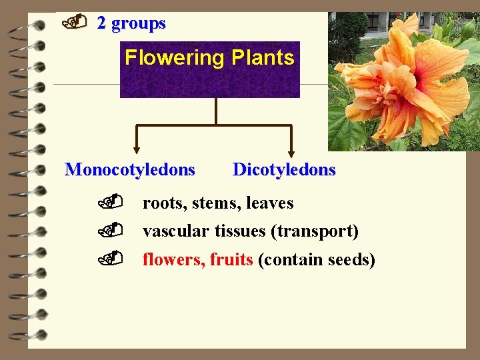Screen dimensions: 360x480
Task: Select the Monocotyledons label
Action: click(x=130, y=169)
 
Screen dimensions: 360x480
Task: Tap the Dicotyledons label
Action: click(x=284, y=169)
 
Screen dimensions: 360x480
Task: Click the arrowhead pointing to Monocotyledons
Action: click(x=137, y=149)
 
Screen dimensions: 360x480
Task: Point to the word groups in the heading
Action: click(x=139, y=23)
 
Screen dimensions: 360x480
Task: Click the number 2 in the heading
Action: click(x=101, y=23)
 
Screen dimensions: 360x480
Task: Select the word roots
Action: click(x=164, y=203)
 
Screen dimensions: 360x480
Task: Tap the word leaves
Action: click(x=270, y=203)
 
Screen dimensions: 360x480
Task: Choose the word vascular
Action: click(x=175, y=231)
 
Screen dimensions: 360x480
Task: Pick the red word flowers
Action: click(x=173, y=259)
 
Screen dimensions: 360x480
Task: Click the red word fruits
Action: click(x=231, y=259)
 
